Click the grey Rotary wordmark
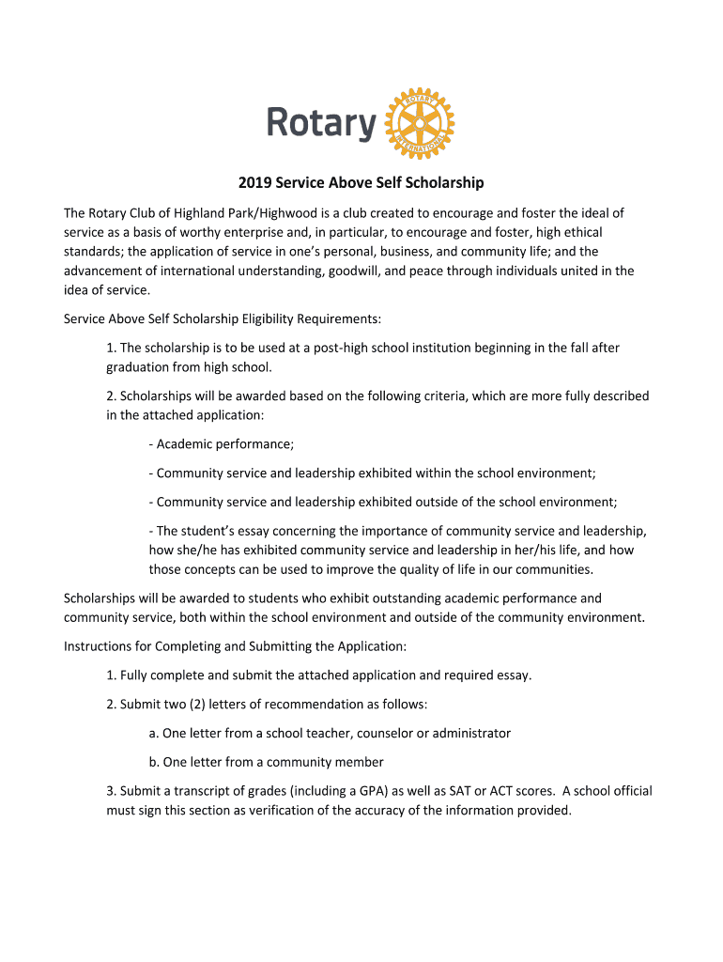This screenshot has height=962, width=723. point(321,123)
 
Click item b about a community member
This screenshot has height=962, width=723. point(266,762)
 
